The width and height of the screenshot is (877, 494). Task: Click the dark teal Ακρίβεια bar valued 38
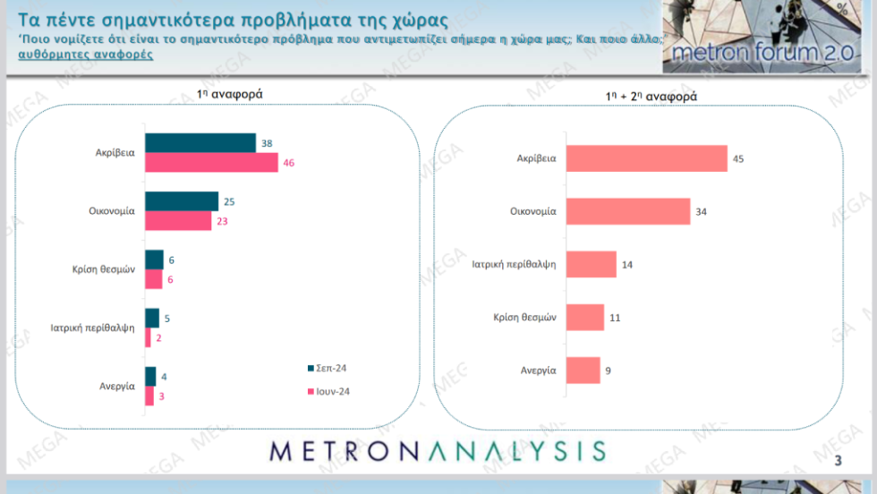[x=200, y=142]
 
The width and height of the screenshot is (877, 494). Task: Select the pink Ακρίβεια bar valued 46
[x=211, y=162]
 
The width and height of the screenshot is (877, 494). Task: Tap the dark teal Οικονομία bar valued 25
[x=182, y=201]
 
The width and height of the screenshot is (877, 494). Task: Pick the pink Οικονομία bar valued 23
[x=178, y=220]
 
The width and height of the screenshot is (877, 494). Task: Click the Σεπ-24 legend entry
[x=328, y=368]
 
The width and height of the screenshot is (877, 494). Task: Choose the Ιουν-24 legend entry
[x=329, y=392]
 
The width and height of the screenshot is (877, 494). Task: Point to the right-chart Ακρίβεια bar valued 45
[x=646, y=158]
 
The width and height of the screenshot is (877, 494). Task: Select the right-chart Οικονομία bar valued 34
[x=628, y=211]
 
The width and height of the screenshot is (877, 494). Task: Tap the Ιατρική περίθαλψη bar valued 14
[x=592, y=264]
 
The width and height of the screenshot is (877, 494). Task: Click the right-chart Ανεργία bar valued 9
[x=583, y=370]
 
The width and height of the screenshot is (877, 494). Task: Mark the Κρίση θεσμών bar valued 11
[x=585, y=317]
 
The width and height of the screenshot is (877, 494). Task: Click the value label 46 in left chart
[x=288, y=163]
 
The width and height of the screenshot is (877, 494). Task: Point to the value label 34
[x=702, y=211]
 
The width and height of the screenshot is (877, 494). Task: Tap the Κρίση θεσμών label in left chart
[x=104, y=269]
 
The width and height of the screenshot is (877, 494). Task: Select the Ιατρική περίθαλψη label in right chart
[x=514, y=264]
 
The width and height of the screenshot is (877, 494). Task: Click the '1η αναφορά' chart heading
[x=229, y=94]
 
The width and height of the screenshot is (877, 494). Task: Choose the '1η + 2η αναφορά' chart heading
[x=651, y=97]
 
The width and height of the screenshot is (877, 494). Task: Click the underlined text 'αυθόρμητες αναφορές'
[x=86, y=55]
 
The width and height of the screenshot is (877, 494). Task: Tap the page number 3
[x=838, y=460]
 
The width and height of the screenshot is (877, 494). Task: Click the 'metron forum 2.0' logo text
[x=762, y=53]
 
